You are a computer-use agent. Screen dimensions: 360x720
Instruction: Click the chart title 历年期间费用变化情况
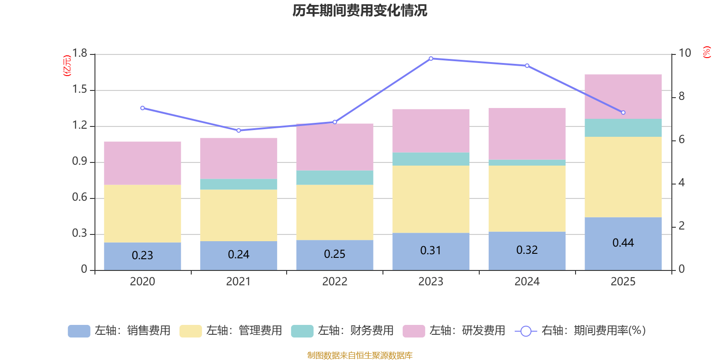click(x=360, y=10)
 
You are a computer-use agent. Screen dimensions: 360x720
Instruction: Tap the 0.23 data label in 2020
click(x=142, y=255)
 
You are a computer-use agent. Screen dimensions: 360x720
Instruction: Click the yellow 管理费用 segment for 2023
click(x=431, y=199)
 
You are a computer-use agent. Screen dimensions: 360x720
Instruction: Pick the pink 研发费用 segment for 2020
click(x=142, y=163)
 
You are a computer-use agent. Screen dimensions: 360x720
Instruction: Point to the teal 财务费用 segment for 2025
click(x=623, y=128)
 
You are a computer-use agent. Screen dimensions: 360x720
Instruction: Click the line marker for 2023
click(x=431, y=58)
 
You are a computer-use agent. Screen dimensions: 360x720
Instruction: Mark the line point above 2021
click(x=238, y=130)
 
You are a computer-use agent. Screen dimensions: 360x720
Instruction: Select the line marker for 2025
click(x=623, y=112)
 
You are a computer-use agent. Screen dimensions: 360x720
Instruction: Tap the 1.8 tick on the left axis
click(x=80, y=54)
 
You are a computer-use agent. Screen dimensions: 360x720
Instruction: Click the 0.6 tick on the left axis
click(x=80, y=198)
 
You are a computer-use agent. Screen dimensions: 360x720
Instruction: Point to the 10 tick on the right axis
click(x=684, y=54)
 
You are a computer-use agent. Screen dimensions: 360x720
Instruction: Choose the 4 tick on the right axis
click(x=681, y=183)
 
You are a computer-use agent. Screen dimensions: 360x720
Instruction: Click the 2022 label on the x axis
click(x=334, y=282)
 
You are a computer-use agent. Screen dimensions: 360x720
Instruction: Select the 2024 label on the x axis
click(x=526, y=282)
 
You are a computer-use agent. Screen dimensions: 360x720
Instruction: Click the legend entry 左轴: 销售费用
click(x=119, y=331)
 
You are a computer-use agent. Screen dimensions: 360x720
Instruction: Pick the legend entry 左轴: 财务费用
click(x=342, y=331)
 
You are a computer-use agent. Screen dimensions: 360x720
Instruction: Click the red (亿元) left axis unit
click(x=67, y=66)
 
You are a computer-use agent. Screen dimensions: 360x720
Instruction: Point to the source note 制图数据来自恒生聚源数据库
click(x=360, y=355)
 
